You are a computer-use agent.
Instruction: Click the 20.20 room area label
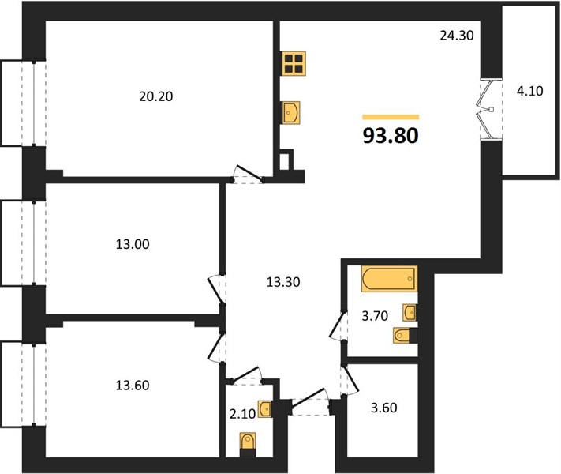[x=156, y=96]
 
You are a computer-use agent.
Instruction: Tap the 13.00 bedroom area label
[x=133, y=244]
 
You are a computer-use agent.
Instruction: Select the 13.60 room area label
[x=133, y=386]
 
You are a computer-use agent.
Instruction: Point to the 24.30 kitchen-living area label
[x=457, y=35]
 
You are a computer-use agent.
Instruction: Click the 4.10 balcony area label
[x=530, y=91]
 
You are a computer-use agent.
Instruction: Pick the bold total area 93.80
[x=391, y=136]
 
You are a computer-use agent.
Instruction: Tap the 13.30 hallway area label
[x=283, y=282]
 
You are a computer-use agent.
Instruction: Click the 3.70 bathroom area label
[x=375, y=316]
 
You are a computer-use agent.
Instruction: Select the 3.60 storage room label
[x=384, y=408]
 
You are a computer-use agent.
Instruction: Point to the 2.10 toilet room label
[x=242, y=414]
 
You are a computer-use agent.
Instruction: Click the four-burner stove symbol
[x=294, y=63]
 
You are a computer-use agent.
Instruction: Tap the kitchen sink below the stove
[x=291, y=112]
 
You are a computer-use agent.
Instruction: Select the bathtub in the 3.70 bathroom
[x=389, y=279]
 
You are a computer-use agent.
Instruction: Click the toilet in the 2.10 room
[x=248, y=444]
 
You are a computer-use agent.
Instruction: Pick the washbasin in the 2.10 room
[x=265, y=408]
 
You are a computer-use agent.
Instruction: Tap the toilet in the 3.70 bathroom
[x=405, y=336]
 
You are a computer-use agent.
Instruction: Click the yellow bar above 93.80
[x=391, y=117]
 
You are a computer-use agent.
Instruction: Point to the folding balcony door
[x=487, y=109]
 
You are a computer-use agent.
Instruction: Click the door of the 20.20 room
[x=248, y=174]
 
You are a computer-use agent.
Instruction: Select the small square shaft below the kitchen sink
[x=286, y=160]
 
